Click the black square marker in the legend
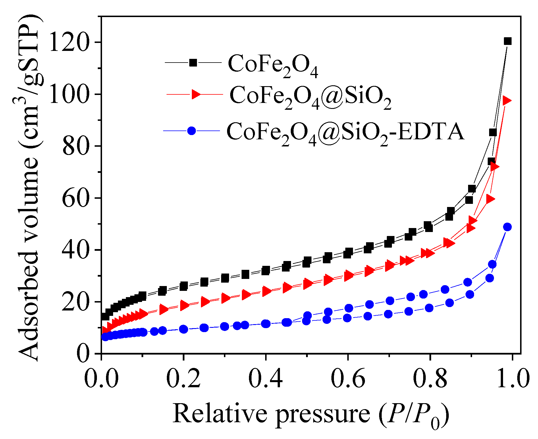(193, 63)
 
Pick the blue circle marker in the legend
(192, 131)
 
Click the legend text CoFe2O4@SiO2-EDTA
(345, 132)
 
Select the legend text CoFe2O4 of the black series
(273, 65)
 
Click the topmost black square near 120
(508, 41)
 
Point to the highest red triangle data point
(507, 101)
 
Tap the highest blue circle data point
(507, 227)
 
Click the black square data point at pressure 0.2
(184, 286)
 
